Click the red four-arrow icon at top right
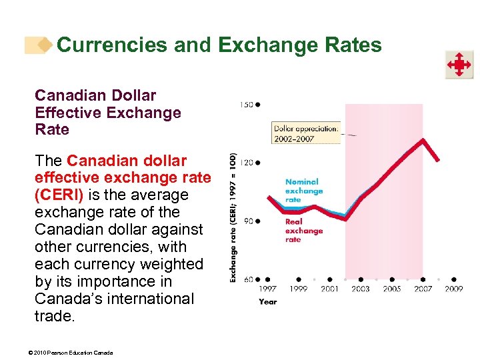click(459, 65)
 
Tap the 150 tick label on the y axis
click(246, 104)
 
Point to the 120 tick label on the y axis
click(246, 162)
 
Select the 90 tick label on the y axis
click(247, 221)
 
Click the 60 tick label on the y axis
click(247, 279)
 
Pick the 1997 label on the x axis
click(267, 289)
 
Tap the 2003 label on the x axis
click(361, 289)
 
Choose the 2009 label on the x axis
click(454, 289)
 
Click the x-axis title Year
click(267, 302)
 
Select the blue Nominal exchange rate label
click(303, 191)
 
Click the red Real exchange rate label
click(303, 231)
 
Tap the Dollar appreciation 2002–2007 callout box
click(306, 133)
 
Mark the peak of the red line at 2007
click(422, 139)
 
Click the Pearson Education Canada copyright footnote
click(74, 352)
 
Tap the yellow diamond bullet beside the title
click(45, 45)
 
